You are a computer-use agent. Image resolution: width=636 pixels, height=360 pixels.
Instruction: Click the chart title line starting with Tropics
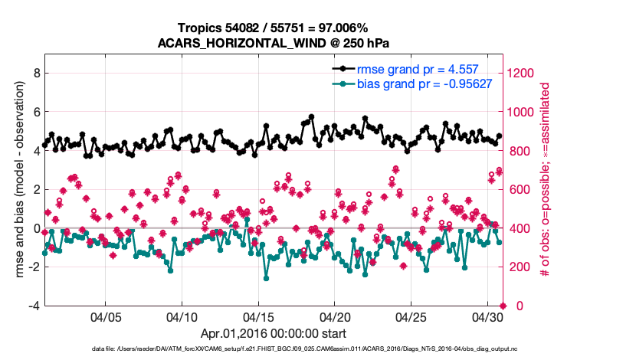click(x=273, y=28)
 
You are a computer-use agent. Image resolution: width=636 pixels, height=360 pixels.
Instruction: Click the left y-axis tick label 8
click(x=36, y=74)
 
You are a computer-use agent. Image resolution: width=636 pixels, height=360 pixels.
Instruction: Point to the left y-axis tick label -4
click(x=34, y=306)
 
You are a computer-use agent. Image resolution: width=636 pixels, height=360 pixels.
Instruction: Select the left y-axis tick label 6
click(x=36, y=112)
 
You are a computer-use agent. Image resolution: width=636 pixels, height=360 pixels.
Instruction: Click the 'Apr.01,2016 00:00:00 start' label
click(x=273, y=333)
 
